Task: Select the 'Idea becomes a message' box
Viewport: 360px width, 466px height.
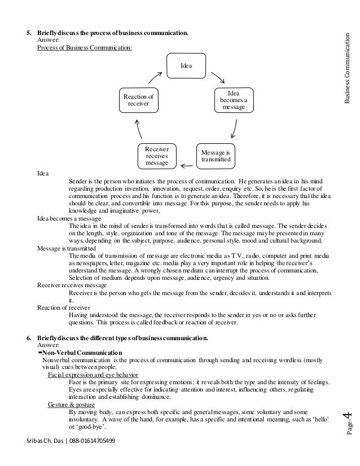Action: [x=233, y=100]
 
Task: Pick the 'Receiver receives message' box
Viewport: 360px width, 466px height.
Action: [x=157, y=156]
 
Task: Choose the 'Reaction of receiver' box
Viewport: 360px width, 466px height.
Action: [x=138, y=100]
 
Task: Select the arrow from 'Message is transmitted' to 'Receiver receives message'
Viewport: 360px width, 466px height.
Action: [x=185, y=164]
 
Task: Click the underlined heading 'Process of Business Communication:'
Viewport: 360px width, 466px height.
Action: [x=85, y=48]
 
